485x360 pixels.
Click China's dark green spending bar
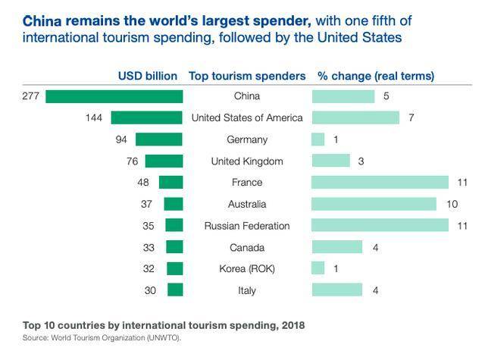coord(114,96)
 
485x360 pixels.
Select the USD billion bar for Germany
coord(158,139)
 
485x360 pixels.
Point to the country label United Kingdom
coord(247,161)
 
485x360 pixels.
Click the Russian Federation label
coord(247,226)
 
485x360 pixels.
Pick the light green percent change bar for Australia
coord(374,204)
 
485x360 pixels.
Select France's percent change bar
coord(380,183)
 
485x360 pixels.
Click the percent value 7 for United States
coord(411,117)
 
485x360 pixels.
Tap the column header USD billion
coord(148,76)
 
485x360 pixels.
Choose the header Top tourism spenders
coord(247,76)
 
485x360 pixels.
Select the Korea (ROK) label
coord(247,269)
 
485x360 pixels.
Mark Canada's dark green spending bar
coord(174,247)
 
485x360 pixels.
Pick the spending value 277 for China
coord(32,96)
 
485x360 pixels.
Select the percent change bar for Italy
coord(337,290)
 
